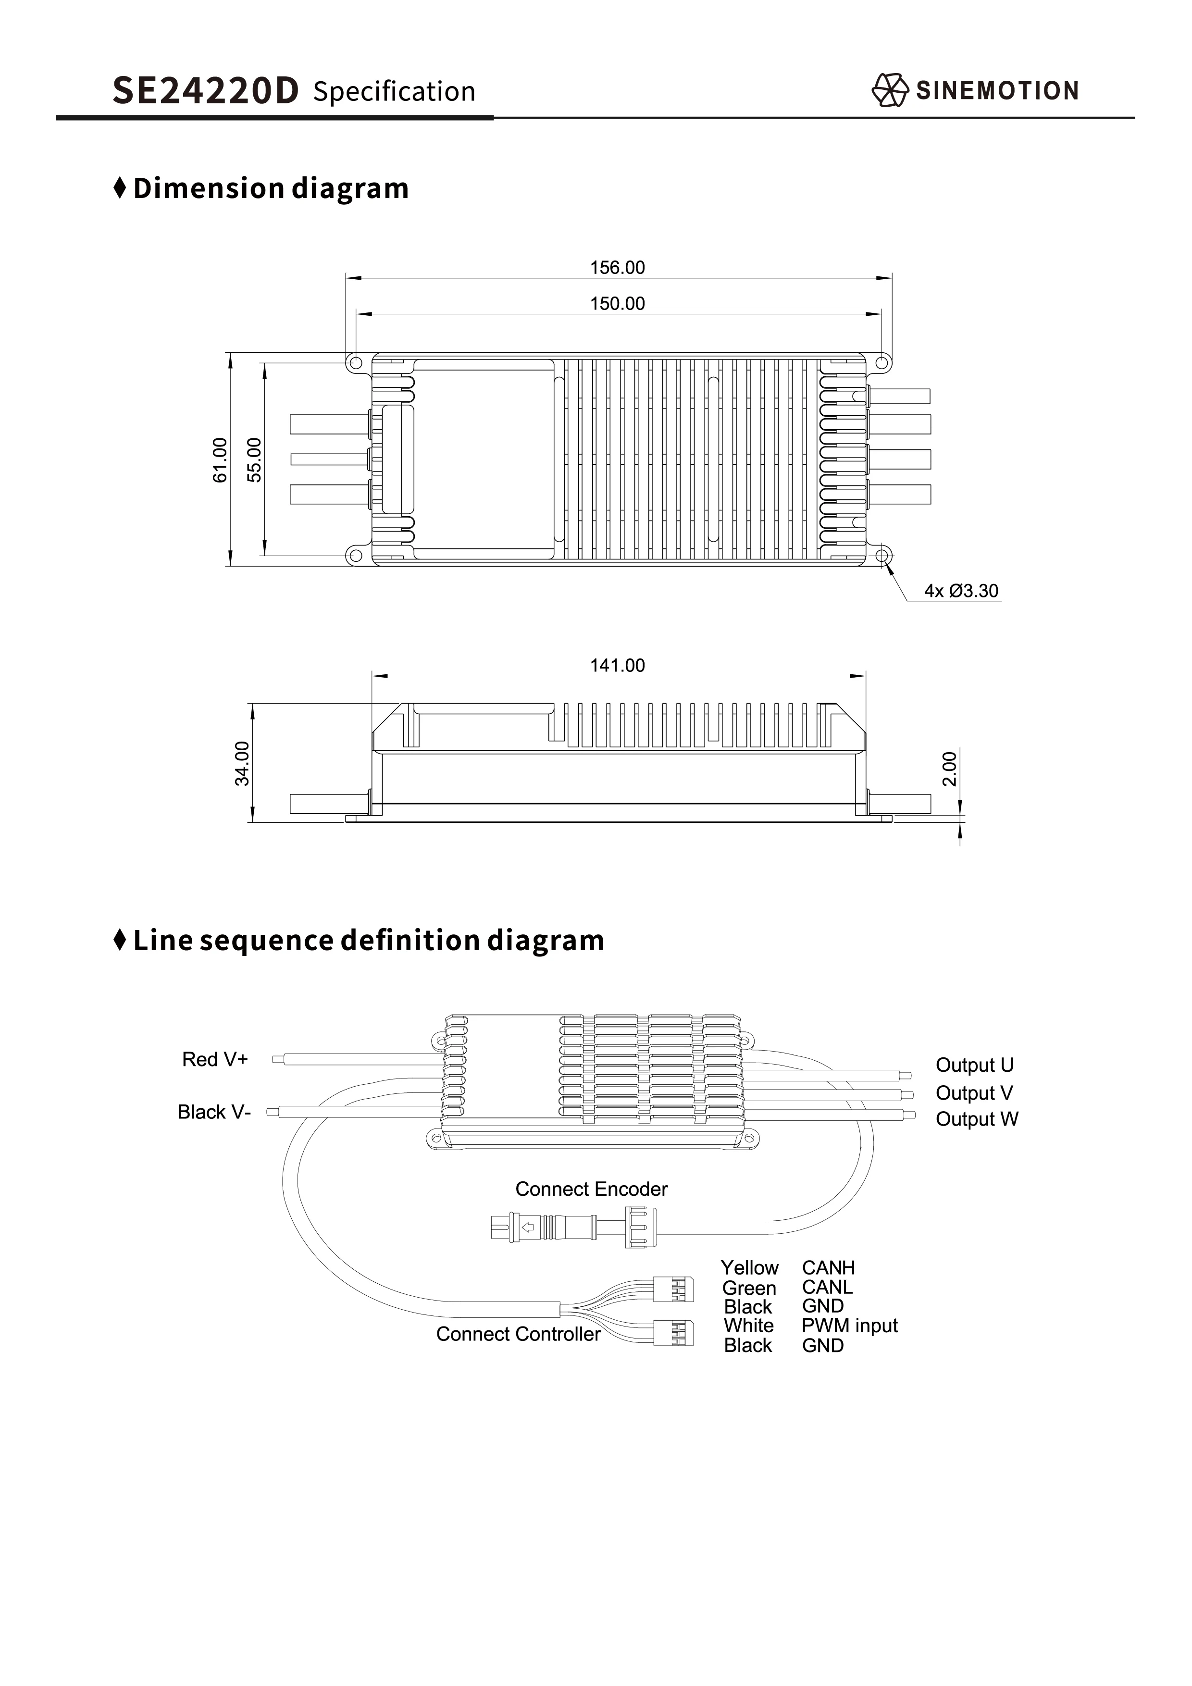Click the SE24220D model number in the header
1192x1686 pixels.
[x=206, y=91]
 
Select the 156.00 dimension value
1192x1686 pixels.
[x=617, y=267]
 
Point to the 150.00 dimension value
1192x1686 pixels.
[x=617, y=303]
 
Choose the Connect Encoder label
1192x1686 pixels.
[x=591, y=1189]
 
